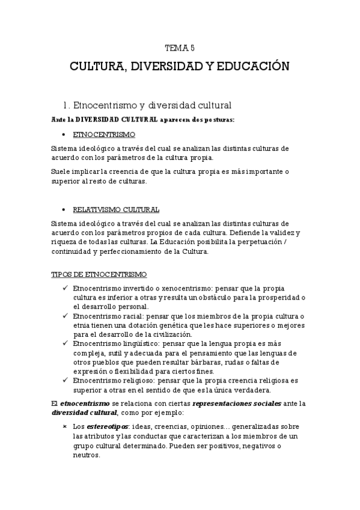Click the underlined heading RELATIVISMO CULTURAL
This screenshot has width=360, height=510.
(115, 210)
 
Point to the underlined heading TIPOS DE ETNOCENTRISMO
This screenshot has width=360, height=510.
(99, 274)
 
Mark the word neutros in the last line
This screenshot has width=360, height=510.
(85, 455)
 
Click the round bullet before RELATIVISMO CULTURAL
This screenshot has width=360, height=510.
(64, 210)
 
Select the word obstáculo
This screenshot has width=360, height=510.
(240, 298)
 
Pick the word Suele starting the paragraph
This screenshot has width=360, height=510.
(63, 171)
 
